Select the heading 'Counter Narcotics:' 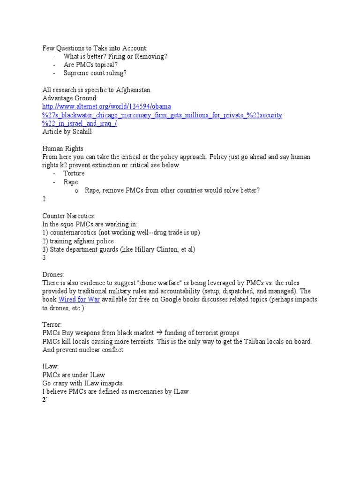(x=69, y=216)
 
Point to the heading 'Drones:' (x=53, y=274)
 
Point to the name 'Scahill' (x=79, y=132)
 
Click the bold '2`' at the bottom (x=45, y=400)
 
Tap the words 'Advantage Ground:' (x=70, y=98)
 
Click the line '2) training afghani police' (x=78, y=241)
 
